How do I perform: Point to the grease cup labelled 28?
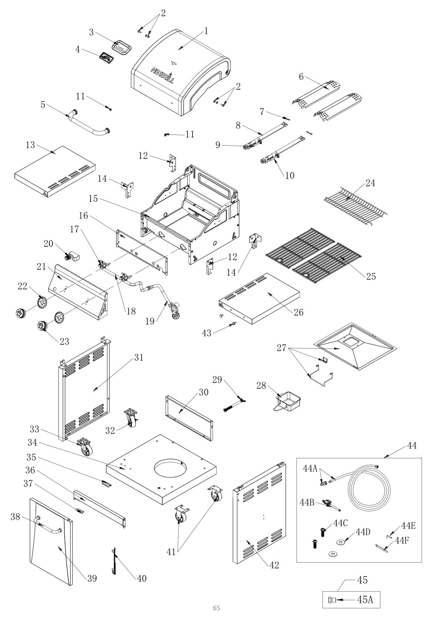(289, 401)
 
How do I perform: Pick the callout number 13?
(30, 145)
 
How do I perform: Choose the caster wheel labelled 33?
(85, 446)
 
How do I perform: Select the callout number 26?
(298, 312)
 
